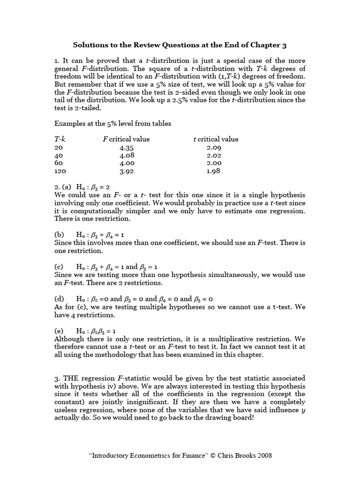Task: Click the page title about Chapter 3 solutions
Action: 180,45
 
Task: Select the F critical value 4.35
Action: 127,147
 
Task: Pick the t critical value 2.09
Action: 214,147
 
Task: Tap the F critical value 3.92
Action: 127,172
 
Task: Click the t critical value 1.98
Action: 214,172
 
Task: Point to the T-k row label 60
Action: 59,163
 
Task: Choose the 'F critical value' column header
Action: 126,139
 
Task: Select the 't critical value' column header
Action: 216,139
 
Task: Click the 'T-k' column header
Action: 60,139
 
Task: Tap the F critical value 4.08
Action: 127,155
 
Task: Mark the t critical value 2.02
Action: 214,155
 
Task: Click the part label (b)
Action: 60,234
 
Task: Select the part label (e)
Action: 59,330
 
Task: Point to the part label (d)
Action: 60,299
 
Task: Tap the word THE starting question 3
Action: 70,378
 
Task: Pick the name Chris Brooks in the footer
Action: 238,455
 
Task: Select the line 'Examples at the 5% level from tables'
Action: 113,123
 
